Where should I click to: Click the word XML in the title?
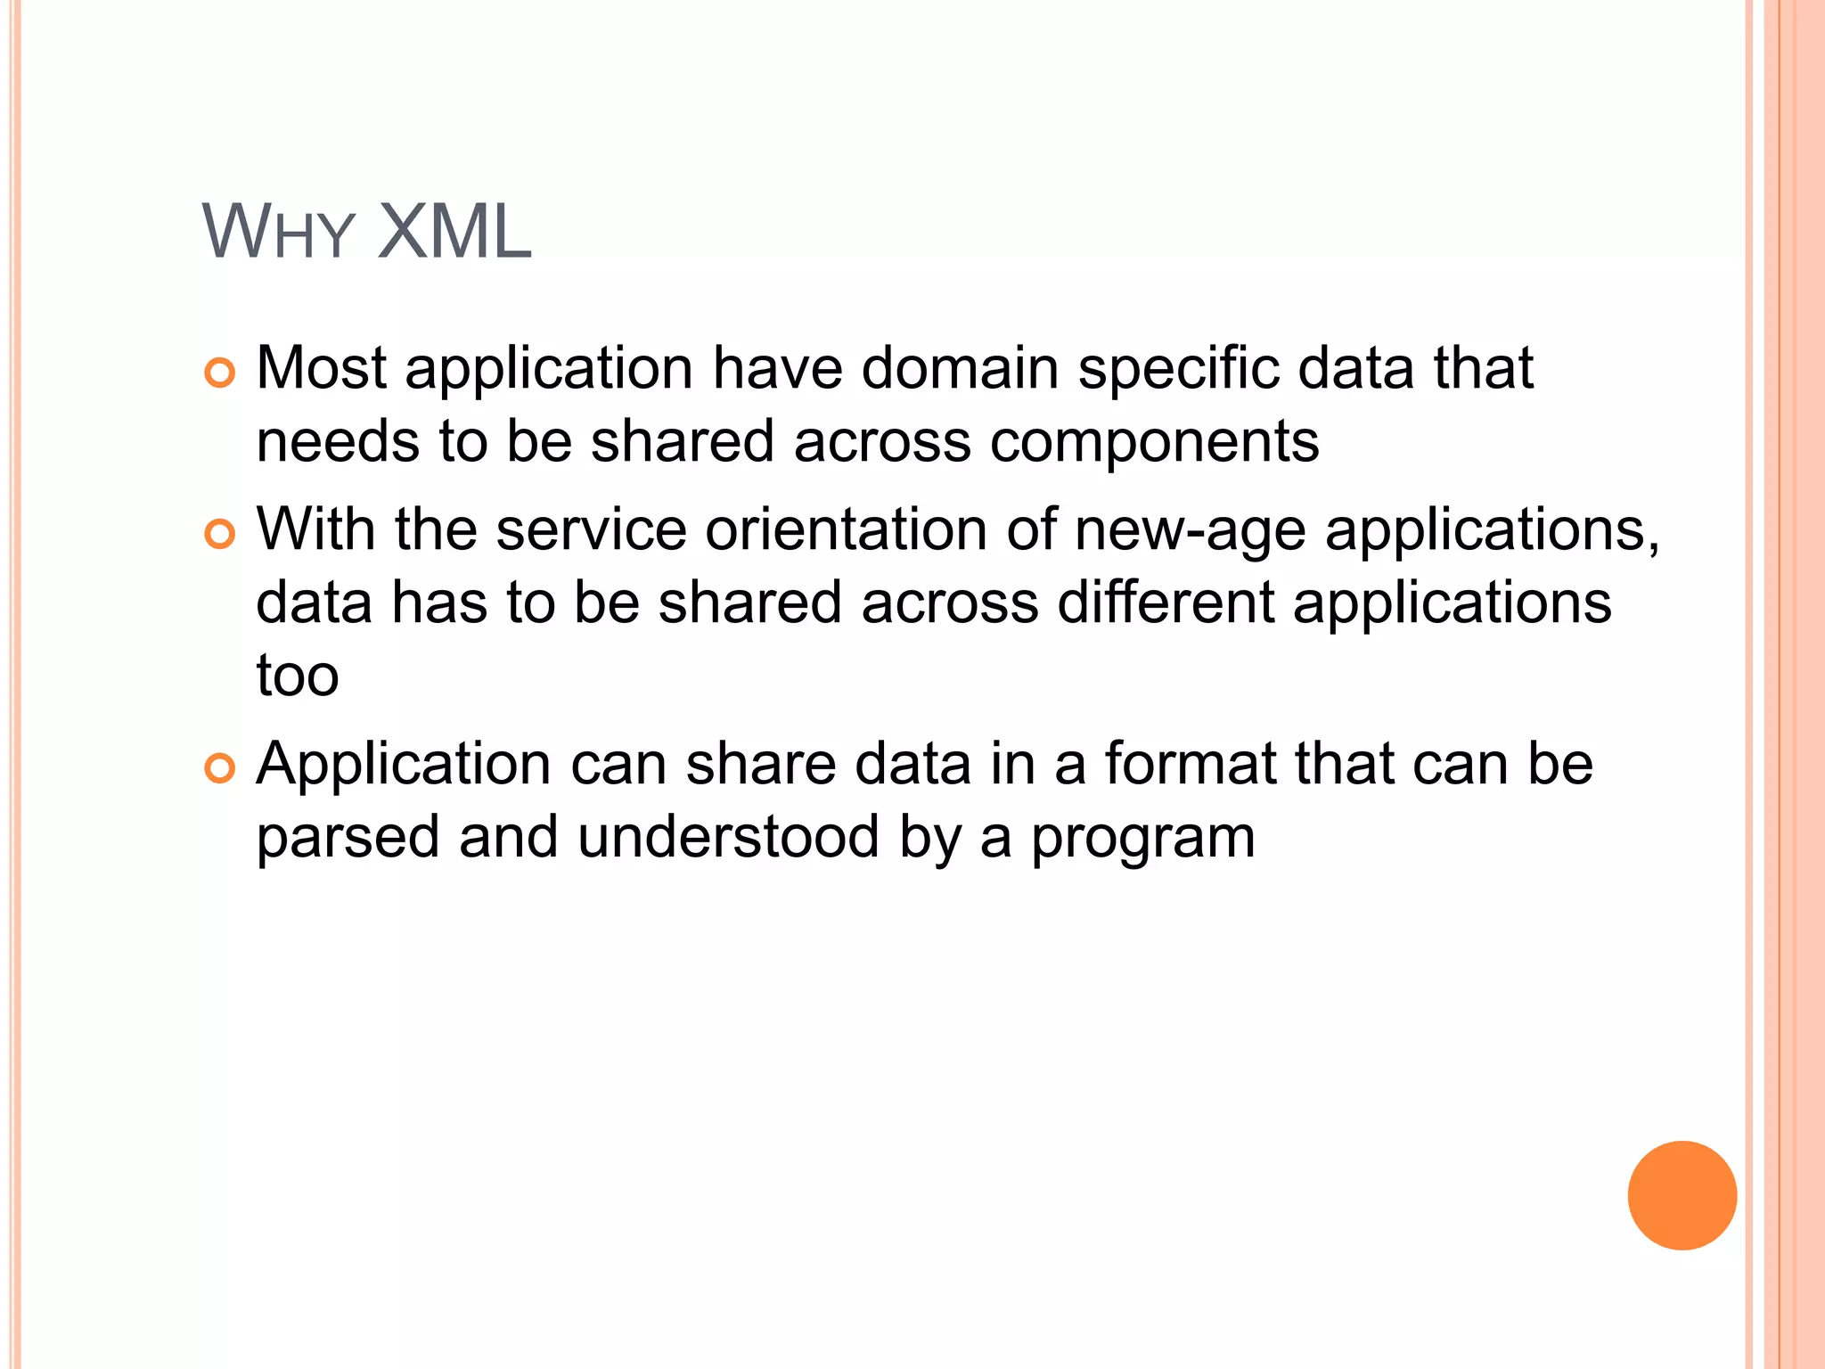tap(454, 232)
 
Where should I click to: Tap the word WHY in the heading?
tap(279, 232)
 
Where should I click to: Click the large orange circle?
tap(1682, 1195)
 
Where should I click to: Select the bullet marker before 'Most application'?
tap(219, 373)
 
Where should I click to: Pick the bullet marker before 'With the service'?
tap(219, 534)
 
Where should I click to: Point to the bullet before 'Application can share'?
tap(219, 768)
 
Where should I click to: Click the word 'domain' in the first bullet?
tap(960, 367)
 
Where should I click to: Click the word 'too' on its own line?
tap(298, 676)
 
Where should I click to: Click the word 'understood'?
tap(729, 837)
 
